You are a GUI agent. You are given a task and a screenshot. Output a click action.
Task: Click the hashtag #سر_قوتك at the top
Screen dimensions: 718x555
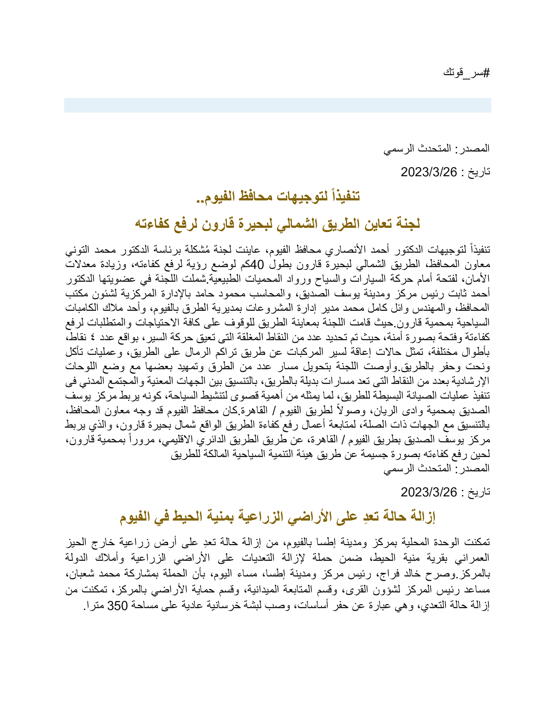(466, 73)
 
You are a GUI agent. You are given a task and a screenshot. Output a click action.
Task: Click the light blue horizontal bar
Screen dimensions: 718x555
(277, 105)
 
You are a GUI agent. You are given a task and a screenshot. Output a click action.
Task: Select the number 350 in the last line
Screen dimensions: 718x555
(118, 605)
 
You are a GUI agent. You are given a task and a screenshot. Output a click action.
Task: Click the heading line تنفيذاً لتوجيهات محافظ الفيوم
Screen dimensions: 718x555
(278, 196)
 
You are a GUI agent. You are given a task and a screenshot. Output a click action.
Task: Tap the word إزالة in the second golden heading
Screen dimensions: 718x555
(421, 517)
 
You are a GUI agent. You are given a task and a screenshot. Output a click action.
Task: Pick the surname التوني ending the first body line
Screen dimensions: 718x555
(77, 250)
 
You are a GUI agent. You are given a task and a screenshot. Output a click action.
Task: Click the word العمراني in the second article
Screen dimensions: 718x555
(472, 562)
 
